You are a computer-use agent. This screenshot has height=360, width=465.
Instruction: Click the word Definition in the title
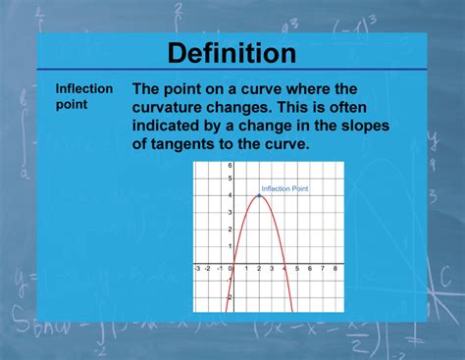[x=232, y=53]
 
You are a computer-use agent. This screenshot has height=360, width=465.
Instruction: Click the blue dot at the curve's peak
[x=258, y=195]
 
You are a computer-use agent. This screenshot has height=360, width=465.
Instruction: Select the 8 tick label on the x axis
[x=335, y=268]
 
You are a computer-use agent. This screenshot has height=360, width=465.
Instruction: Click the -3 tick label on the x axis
[x=197, y=268]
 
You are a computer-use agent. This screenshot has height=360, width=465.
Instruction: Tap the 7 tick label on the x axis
[x=322, y=268]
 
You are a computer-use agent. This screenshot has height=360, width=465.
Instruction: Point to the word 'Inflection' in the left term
[x=83, y=88]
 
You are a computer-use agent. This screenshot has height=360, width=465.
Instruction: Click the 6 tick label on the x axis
[x=309, y=268]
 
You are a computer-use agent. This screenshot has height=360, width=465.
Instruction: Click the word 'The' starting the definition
[x=148, y=87]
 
